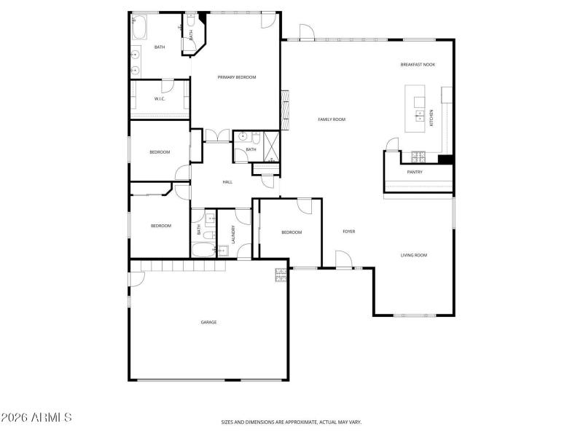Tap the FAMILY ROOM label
332,119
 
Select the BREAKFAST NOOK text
418,65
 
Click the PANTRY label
415,173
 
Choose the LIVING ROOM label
414,255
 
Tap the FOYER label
349,232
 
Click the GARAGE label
208,322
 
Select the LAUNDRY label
233,233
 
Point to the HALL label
227,181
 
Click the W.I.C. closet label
160,99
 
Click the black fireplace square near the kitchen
446,159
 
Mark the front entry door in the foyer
343,261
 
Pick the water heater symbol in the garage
281,275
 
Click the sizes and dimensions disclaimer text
291,422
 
